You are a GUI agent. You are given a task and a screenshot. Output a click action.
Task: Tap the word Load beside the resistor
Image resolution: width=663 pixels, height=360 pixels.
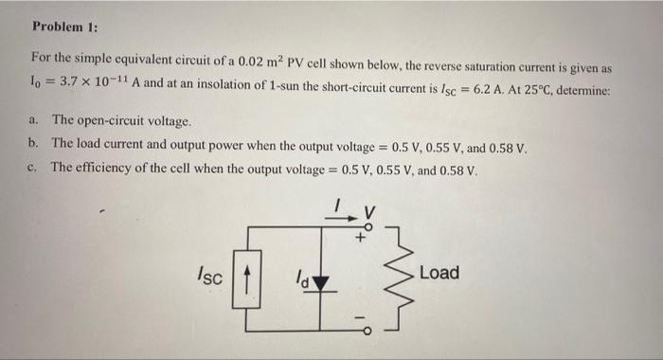439,273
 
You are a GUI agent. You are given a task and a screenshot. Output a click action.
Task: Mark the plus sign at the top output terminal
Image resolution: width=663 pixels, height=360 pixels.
359,239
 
